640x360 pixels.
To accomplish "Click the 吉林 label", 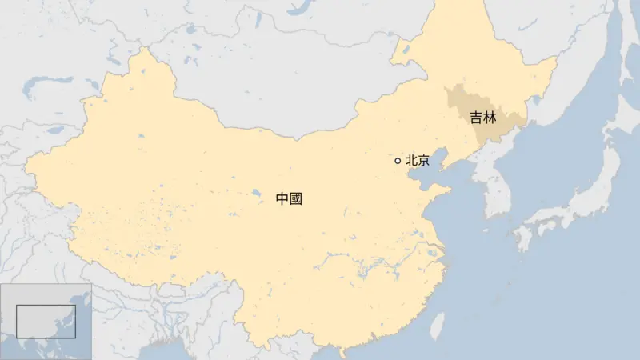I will [482, 118].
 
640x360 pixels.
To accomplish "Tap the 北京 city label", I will [418, 161].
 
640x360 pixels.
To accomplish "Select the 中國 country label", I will [289, 199].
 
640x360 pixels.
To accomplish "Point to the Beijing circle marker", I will [398, 161].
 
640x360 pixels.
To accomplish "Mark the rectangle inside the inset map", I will [46, 321].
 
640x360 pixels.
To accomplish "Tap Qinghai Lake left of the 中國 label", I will [255, 193].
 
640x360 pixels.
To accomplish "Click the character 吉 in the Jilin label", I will [476, 118].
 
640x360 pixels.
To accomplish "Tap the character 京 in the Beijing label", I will [423, 161].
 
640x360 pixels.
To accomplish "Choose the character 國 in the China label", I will [296, 199].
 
